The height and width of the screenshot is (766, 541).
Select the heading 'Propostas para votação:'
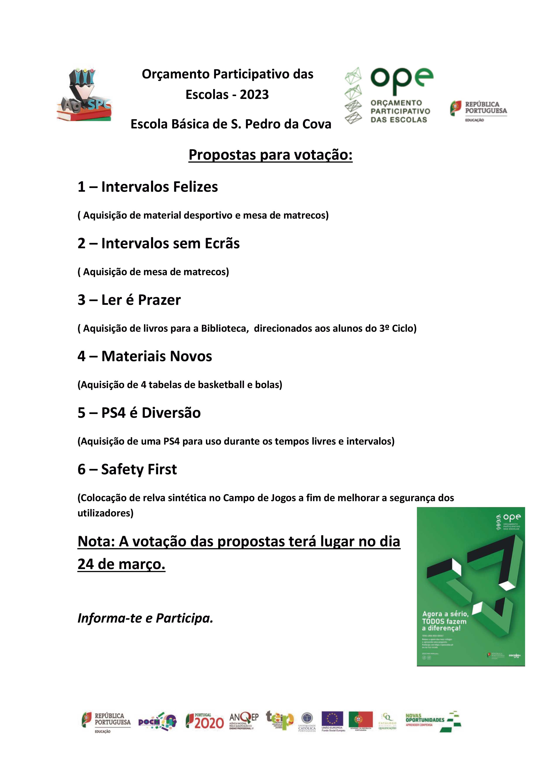click(x=270, y=155)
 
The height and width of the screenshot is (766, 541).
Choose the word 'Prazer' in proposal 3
click(x=159, y=300)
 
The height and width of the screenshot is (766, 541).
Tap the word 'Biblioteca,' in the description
click(x=225, y=329)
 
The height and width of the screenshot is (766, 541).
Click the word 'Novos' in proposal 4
click(x=191, y=356)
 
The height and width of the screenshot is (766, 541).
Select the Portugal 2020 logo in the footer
click(x=205, y=722)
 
